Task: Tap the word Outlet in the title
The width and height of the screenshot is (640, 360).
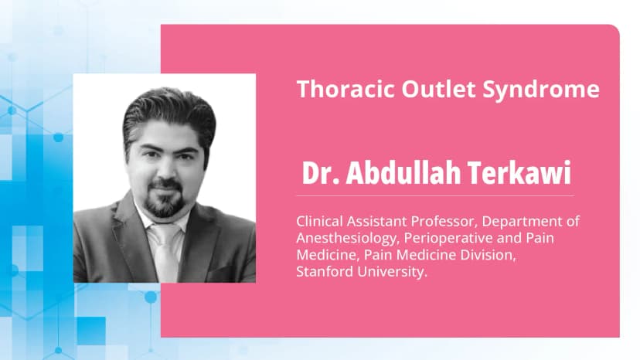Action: [427, 90]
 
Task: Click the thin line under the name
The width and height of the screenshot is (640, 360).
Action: [433, 195]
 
